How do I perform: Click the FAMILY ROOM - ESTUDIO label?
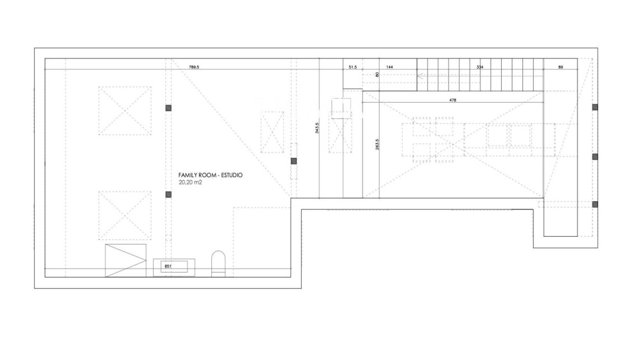click(x=210, y=175)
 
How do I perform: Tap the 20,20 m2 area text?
click(x=190, y=183)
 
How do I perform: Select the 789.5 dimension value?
click(x=194, y=67)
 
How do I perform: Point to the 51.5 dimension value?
click(x=353, y=67)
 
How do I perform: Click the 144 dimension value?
click(x=389, y=67)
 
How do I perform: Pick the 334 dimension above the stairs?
click(x=480, y=67)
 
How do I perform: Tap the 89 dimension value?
click(x=560, y=67)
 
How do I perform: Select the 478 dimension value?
click(x=453, y=100)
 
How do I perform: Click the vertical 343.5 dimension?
click(x=317, y=128)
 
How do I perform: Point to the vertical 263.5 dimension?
click(x=377, y=145)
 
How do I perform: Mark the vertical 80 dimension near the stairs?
click(x=377, y=74)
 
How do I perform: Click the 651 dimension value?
click(x=168, y=266)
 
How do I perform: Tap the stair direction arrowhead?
click(x=420, y=76)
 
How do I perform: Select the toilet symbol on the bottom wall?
click(x=219, y=264)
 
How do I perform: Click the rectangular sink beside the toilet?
click(x=174, y=267)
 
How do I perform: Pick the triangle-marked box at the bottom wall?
click(x=126, y=260)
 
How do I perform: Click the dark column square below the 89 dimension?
click(x=595, y=107)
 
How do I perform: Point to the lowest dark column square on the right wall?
click(x=595, y=204)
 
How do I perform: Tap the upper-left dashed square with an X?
click(x=125, y=111)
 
